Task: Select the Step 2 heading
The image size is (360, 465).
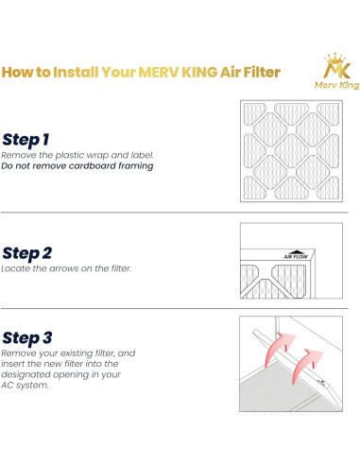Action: click(x=27, y=252)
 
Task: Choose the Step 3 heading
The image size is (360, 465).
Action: click(x=27, y=336)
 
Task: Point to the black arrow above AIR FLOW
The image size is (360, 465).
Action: click(x=270, y=248)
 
